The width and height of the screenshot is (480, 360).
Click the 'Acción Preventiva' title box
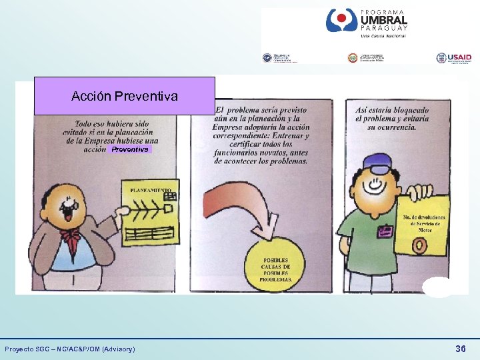125,96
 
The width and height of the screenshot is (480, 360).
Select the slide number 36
460,349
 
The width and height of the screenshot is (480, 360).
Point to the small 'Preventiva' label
130,150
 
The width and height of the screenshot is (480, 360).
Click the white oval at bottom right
437,286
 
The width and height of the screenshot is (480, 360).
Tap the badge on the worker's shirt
385,231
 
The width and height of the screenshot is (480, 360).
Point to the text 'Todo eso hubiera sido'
112,124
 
